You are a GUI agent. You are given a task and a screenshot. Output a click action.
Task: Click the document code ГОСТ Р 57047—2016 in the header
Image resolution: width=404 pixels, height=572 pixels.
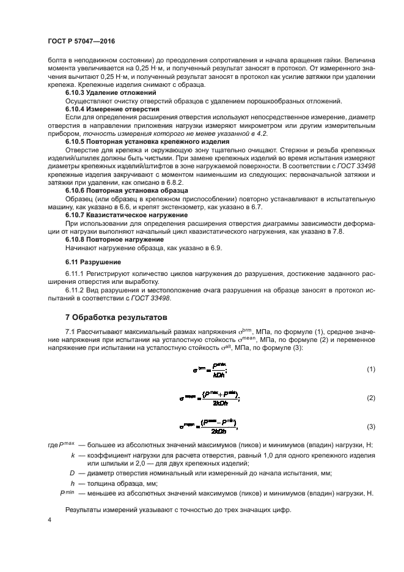(x=81, y=41)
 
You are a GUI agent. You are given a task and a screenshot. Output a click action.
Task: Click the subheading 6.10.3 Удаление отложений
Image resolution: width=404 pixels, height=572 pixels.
(x=105, y=92)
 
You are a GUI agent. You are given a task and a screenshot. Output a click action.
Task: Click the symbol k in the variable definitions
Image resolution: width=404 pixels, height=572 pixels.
(x=73, y=455)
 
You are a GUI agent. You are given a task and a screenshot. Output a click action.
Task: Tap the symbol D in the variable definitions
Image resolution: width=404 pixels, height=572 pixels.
(x=72, y=473)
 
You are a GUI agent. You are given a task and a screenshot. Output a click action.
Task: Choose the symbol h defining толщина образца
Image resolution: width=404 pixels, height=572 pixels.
(x=73, y=483)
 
